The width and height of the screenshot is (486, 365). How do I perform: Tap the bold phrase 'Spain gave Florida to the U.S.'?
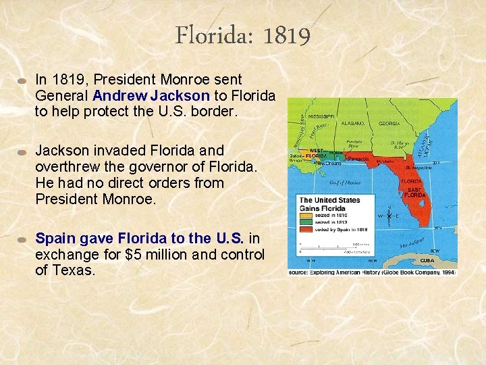click(x=140, y=239)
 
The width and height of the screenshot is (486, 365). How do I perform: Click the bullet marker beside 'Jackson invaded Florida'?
click(x=22, y=151)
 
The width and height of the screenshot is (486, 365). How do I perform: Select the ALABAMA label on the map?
click(x=353, y=124)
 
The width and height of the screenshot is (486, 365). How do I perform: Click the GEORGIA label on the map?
click(x=389, y=124)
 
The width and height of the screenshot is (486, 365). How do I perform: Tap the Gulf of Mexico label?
click(x=345, y=182)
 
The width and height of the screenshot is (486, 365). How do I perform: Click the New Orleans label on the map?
click(x=329, y=164)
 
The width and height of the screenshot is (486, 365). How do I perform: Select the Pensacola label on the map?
click(x=358, y=159)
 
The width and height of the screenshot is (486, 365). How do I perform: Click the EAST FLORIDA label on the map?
click(x=414, y=192)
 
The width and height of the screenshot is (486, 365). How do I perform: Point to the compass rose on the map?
click(x=388, y=216)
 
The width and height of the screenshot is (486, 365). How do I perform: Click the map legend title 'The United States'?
click(x=329, y=200)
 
